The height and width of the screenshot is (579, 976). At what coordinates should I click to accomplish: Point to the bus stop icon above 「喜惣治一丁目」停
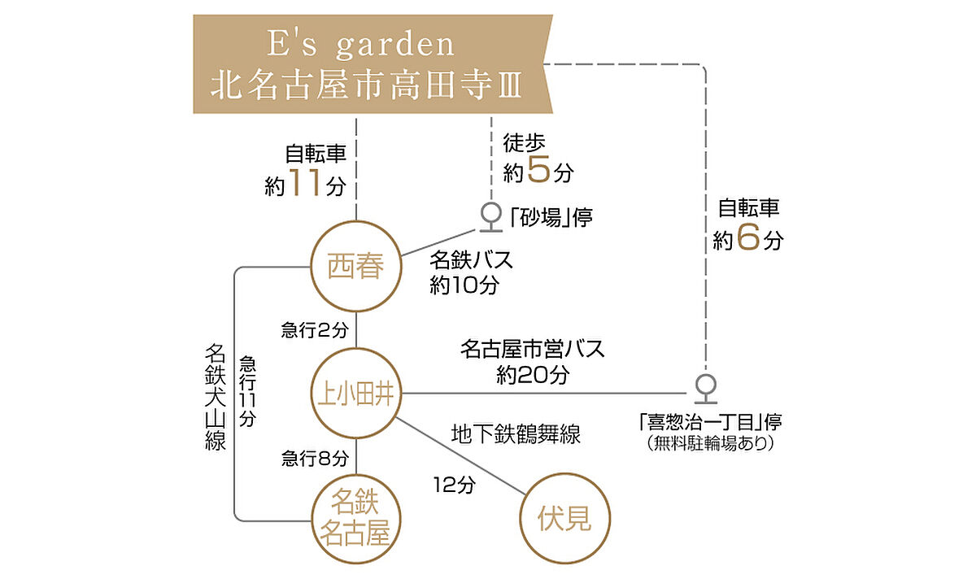point(705,389)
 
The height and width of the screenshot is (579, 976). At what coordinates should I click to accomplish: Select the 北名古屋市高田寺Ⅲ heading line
point(366,85)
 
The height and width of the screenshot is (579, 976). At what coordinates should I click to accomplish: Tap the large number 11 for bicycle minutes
point(304,185)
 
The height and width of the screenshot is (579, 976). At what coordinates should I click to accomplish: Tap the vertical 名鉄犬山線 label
point(215,398)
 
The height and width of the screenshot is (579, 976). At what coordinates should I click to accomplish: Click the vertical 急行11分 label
point(247,392)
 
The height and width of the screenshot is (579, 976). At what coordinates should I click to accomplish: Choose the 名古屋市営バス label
point(533,350)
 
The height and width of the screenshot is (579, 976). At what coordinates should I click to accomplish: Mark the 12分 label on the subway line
point(453,485)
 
